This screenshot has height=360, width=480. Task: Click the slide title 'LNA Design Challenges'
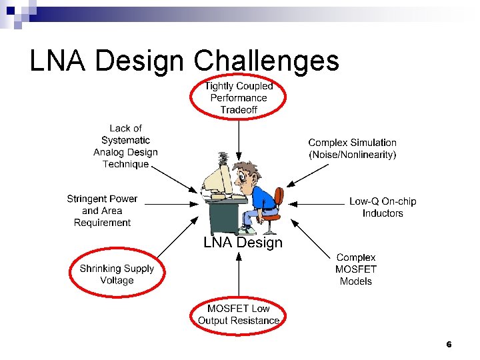pyautogui.click(x=185, y=61)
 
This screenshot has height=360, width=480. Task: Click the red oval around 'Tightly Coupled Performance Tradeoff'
pyautogui.click(x=238, y=97)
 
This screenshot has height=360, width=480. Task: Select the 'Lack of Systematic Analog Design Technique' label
pyautogui.click(x=125, y=146)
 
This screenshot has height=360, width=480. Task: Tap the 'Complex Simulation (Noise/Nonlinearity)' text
pyautogui.click(x=352, y=149)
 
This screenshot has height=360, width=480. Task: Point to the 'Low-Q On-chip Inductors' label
pyautogui.click(x=383, y=207)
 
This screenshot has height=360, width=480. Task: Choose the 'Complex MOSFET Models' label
pyautogui.click(x=356, y=269)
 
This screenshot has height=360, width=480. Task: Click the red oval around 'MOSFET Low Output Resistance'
pyautogui.click(x=238, y=315)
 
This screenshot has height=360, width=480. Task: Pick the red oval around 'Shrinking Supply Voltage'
pyautogui.click(x=117, y=275)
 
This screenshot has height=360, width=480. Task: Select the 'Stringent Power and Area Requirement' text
pyautogui.click(x=102, y=211)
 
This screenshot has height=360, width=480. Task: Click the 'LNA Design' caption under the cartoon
pyautogui.click(x=243, y=243)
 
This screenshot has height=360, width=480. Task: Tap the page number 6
pyautogui.click(x=449, y=345)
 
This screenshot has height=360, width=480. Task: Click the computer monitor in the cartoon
pyautogui.click(x=216, y=181)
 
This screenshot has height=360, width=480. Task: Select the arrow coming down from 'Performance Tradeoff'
pyautogui.click(x=238, y=136)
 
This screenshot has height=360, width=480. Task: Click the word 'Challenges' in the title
pyautogui.click(x=266, y=61)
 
